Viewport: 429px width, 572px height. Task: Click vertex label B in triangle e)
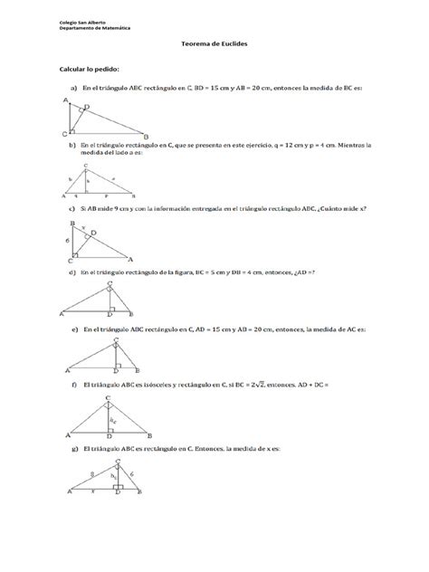point(136,370)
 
